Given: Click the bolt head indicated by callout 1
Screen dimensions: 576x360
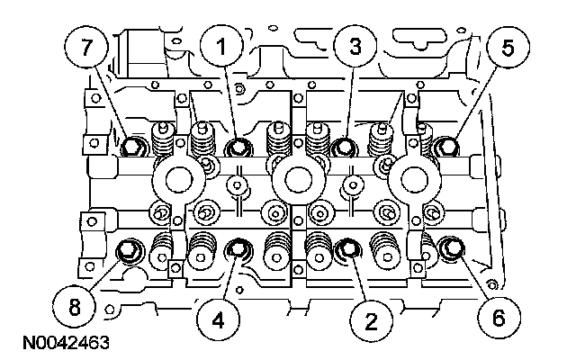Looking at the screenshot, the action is point(238,147).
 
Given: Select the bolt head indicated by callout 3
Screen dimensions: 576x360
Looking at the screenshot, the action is point(343,147).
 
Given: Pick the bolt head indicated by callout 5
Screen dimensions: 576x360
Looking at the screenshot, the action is point(445,146).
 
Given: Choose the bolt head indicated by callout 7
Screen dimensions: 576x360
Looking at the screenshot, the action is point(134,146).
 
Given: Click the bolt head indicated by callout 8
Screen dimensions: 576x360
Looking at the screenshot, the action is point(130,249).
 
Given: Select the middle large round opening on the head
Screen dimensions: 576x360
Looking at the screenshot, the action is point(295,177).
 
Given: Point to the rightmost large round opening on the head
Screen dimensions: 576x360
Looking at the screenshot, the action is point(412,177).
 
